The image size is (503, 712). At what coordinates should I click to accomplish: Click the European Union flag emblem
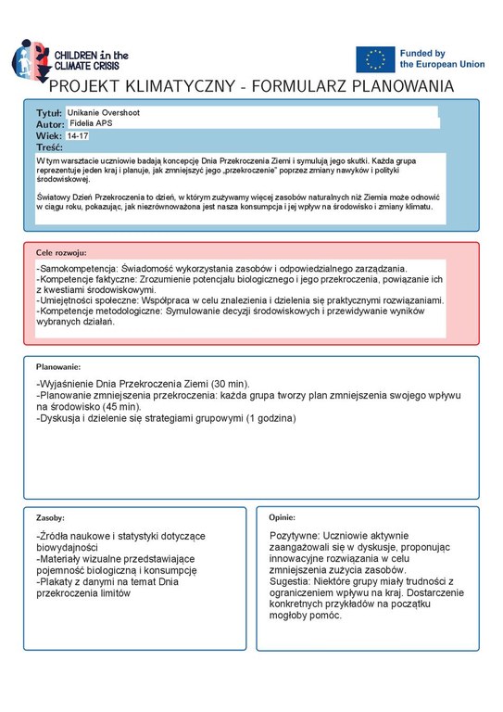[x=375, y=59]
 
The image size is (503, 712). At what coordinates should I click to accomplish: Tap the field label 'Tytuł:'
[x=49, y=112]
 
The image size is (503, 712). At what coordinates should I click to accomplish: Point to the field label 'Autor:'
[x=50, y=124]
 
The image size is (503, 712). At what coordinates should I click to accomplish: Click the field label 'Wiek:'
[x=48, y=135]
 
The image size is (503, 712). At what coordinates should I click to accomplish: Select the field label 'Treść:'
[x=49, y=147]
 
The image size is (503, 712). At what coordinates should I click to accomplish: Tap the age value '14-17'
[x=79, y=135]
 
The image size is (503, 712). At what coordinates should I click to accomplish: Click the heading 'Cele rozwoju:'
[x=61, y=251]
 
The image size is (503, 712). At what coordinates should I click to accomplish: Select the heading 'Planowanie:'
[x=59, y=367]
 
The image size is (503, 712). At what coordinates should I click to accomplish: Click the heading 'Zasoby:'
[x=50, y=517]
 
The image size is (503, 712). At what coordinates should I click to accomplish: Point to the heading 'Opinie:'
[x=282, y=517]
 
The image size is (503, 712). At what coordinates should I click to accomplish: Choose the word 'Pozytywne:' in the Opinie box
[x=295, y=536]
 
